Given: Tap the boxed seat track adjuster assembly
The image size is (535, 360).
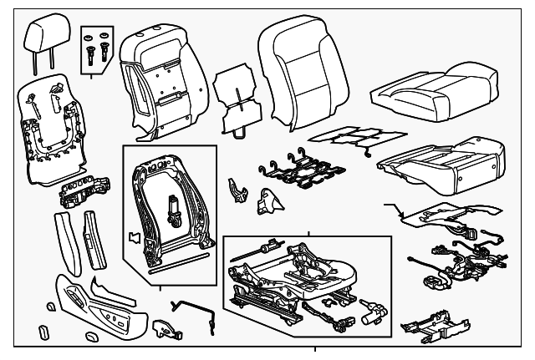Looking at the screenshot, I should [305, 280].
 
